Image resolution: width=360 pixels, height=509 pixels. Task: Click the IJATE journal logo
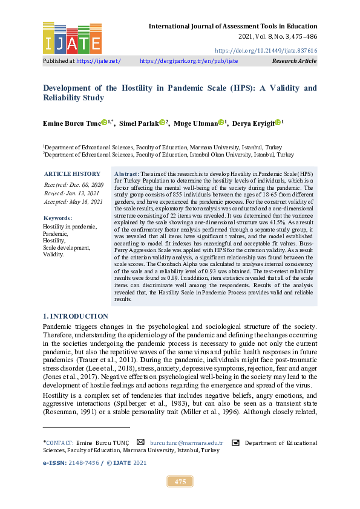(72, 37)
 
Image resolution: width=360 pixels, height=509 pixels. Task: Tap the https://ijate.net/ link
(98, 61)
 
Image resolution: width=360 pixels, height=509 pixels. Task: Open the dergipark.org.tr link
(189, 61)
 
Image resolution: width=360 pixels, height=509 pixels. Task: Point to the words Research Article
(295, 61)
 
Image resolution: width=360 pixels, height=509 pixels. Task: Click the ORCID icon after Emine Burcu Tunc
(104, 123)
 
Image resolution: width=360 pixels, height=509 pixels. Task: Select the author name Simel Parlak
(139, 123)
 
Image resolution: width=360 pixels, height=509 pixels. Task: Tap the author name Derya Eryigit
(254, 123)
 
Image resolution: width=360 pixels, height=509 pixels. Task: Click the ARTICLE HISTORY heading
(72, 173)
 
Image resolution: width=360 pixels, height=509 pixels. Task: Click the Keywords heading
(58, 218)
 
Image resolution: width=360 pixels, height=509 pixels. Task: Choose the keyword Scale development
(66, 248)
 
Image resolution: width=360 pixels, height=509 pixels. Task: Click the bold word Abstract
(126, 173)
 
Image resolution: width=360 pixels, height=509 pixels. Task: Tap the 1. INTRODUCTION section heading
(76, 316)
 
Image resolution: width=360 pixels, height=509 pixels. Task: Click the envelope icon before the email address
(141, 443)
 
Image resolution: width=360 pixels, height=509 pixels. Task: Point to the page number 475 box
(180, 481)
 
